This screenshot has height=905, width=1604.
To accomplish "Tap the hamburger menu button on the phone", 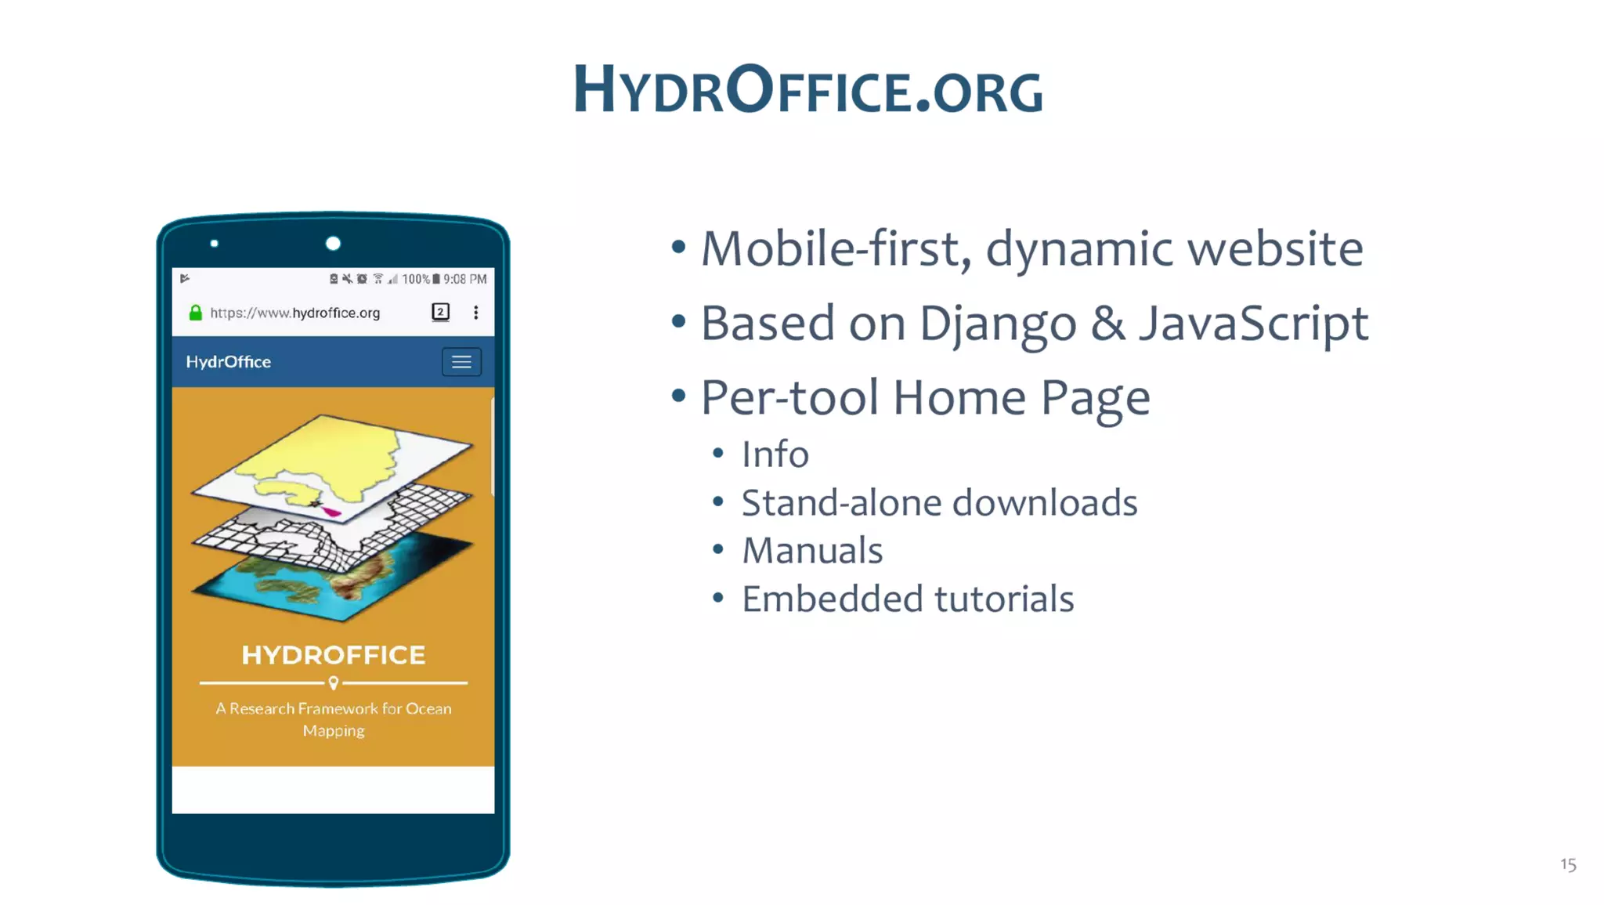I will point(461,362).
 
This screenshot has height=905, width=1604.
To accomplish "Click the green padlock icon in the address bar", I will point(196,313).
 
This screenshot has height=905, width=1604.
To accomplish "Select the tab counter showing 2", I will point(440,312).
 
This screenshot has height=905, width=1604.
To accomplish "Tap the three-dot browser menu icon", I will point(475,313).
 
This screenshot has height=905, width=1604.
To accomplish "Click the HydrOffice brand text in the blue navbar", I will point(228,362).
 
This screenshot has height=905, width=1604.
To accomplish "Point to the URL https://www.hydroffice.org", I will point(294,313).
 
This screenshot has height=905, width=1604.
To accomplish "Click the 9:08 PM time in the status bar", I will point(464,279).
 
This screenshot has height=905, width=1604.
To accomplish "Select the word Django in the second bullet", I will point(997,324).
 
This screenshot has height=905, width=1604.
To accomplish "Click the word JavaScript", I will point(1253,324).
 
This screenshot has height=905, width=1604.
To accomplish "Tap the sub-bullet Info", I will point(775,454).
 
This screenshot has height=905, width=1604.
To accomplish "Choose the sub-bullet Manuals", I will point(811,551).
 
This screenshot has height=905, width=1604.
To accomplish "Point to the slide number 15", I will point(1567,864).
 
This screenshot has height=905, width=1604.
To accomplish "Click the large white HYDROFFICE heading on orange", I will point(334,655).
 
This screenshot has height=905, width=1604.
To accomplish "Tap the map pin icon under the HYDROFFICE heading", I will point(334,683).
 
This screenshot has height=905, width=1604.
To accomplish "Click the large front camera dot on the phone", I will point(333,244).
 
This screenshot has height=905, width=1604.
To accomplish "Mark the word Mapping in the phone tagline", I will point(334,731).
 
